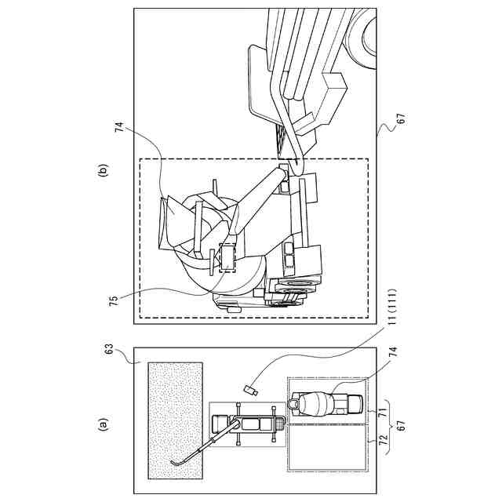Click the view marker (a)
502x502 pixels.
pos(101,424)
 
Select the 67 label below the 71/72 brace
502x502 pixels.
pos(401,426)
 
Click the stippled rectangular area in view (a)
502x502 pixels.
pos(173,420)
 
